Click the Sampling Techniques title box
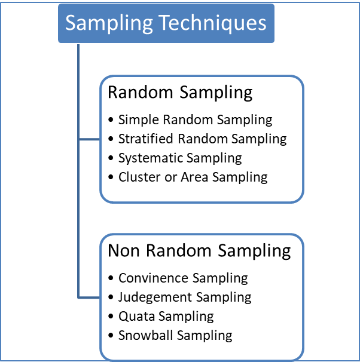coord(166,24)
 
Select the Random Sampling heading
coord(180,93)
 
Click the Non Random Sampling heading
coord(199,250)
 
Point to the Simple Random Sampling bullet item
coord(195,119)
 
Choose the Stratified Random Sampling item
coord(202,139)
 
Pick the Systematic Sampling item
coord(180,158)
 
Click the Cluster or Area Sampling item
coord(193,177)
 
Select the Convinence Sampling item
coord(182,278)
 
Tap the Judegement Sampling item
coord(184,297)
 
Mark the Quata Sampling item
coord(166,316)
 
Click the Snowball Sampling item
coord(175,335)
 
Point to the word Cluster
coord(138,177)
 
